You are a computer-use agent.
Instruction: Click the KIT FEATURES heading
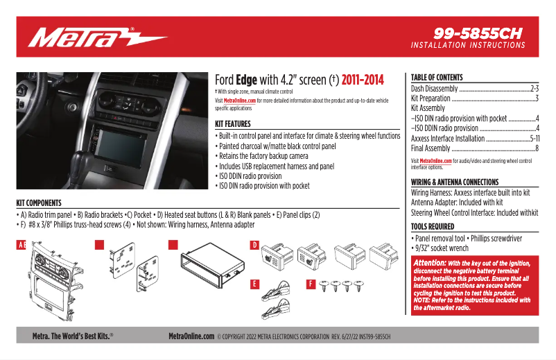(x=237, y=124)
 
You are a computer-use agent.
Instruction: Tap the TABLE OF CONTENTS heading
(x=437, y=78)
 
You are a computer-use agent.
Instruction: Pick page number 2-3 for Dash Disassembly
(x=534, y=89)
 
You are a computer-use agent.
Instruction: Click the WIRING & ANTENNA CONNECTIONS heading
(x=455, y=182)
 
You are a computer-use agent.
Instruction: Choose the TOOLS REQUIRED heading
(x=433, y=227)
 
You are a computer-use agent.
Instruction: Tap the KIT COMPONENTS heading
(x=39, y=203)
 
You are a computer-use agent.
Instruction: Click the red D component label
(x=254, y=245)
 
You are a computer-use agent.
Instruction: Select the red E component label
(x=254, y=284)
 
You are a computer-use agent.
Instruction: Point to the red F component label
(x=311, y=284)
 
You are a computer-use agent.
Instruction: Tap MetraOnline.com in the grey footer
(x=191, y=336)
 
